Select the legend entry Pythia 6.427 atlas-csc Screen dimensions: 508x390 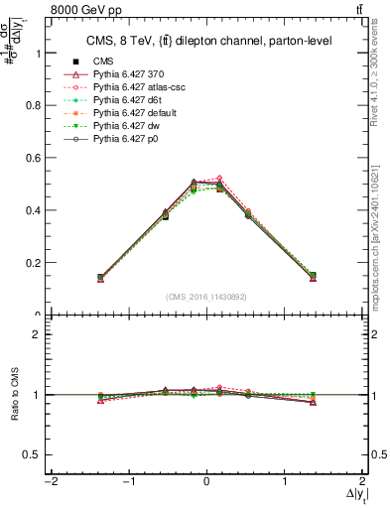139,87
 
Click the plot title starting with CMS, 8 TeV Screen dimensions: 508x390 205,41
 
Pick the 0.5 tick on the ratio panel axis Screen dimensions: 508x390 37,454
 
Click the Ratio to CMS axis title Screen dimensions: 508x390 13,395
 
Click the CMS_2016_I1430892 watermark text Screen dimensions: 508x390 205,297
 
